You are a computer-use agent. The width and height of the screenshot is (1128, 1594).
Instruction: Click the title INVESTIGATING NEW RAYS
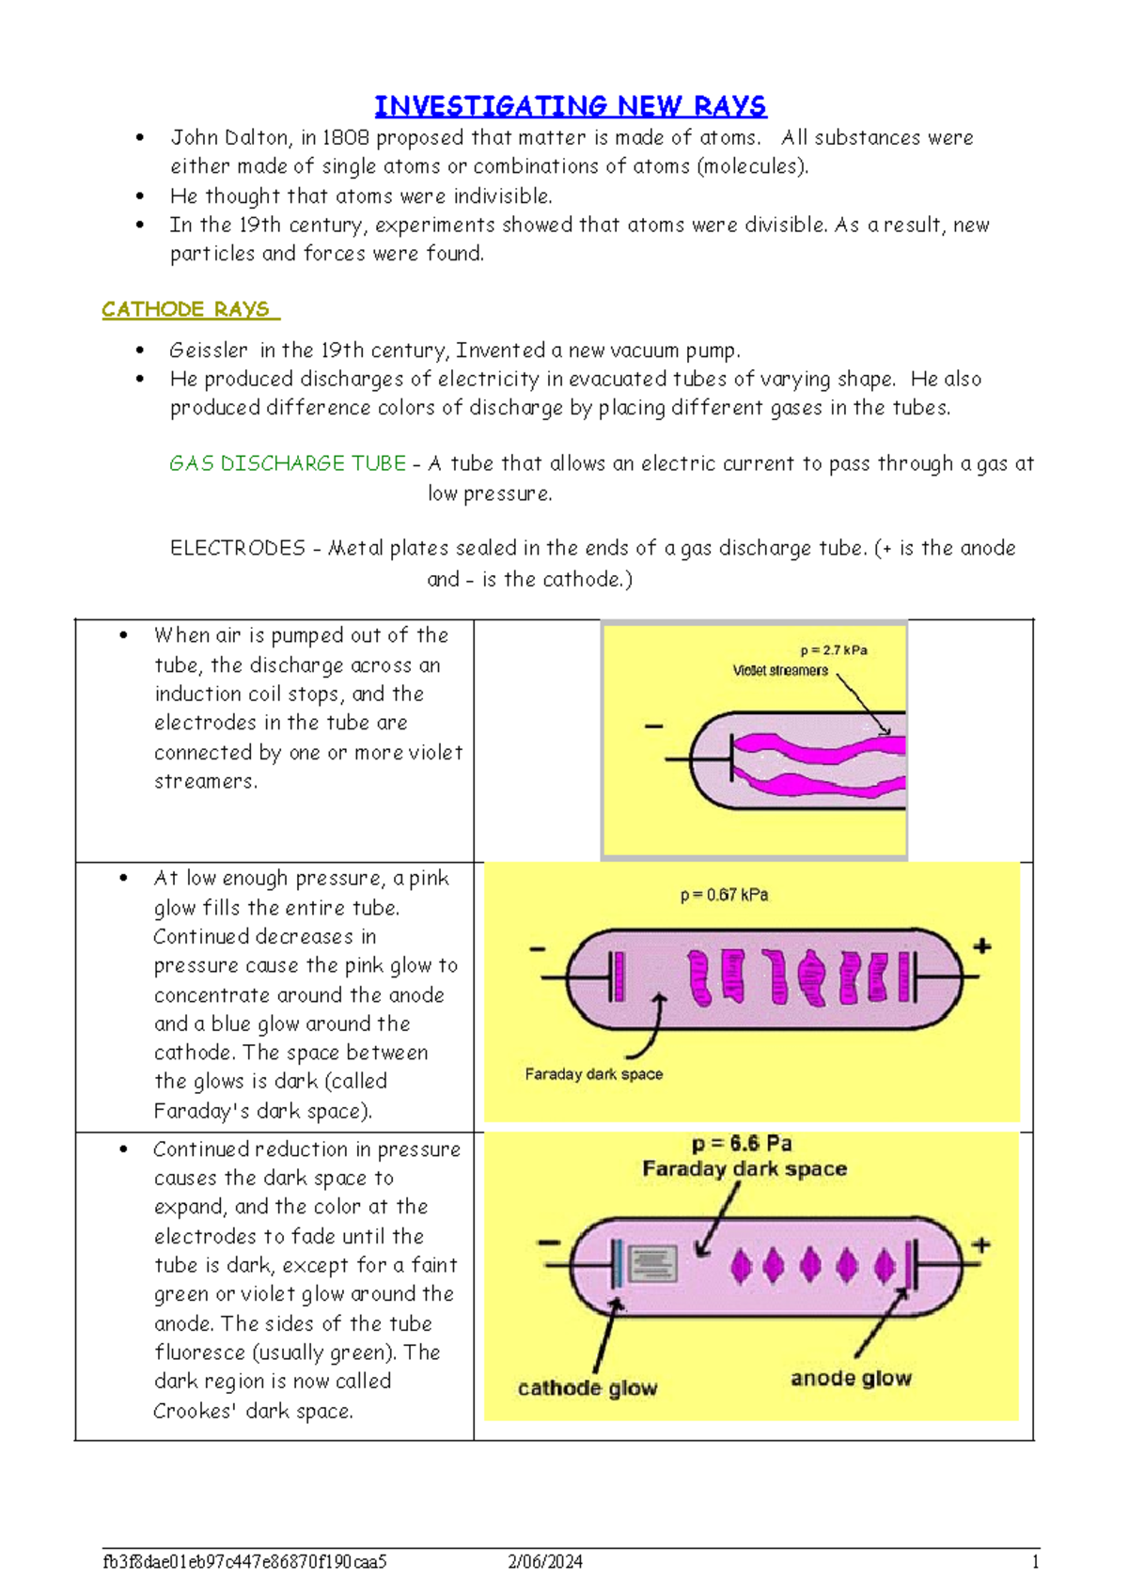tap(570, 106)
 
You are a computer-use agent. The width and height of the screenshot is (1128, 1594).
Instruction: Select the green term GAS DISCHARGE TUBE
tap(288, 463)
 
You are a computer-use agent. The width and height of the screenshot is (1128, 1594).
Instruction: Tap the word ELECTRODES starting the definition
tap(238, 548)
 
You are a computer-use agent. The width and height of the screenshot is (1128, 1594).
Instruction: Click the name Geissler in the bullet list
tap(209, 351)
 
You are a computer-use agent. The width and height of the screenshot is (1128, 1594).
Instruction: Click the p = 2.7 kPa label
tap(833, 650)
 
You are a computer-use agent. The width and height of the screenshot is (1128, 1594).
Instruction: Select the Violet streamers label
tap(780, 670)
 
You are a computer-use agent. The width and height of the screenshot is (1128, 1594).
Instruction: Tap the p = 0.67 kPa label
tap(724, 895)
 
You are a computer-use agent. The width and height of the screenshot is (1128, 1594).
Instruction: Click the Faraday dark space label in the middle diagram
tap(593, 1073)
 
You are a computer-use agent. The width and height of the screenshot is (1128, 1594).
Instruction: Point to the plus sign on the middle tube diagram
tap(982, 945)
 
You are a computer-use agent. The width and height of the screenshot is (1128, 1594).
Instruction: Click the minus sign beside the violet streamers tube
tap(653, 727)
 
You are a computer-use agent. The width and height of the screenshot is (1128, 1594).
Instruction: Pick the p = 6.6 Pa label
tap(742, 1144)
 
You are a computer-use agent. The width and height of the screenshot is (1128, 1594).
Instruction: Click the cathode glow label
tap(587, 1388)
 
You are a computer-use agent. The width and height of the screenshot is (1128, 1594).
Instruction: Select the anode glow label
tap(851, 1378)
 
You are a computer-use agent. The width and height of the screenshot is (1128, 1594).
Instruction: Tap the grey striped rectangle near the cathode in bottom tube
tap(652, 1264)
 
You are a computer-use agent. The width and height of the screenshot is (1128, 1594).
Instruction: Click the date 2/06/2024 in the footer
tap(545, 1561)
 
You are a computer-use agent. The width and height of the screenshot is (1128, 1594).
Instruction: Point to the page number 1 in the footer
tap(1035, 1561)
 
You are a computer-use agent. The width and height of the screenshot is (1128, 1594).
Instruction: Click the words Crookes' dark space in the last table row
tap(254, 1411)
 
